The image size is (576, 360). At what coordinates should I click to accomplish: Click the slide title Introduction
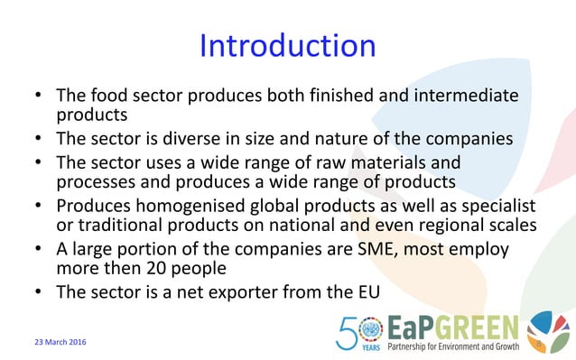point(287,46)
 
